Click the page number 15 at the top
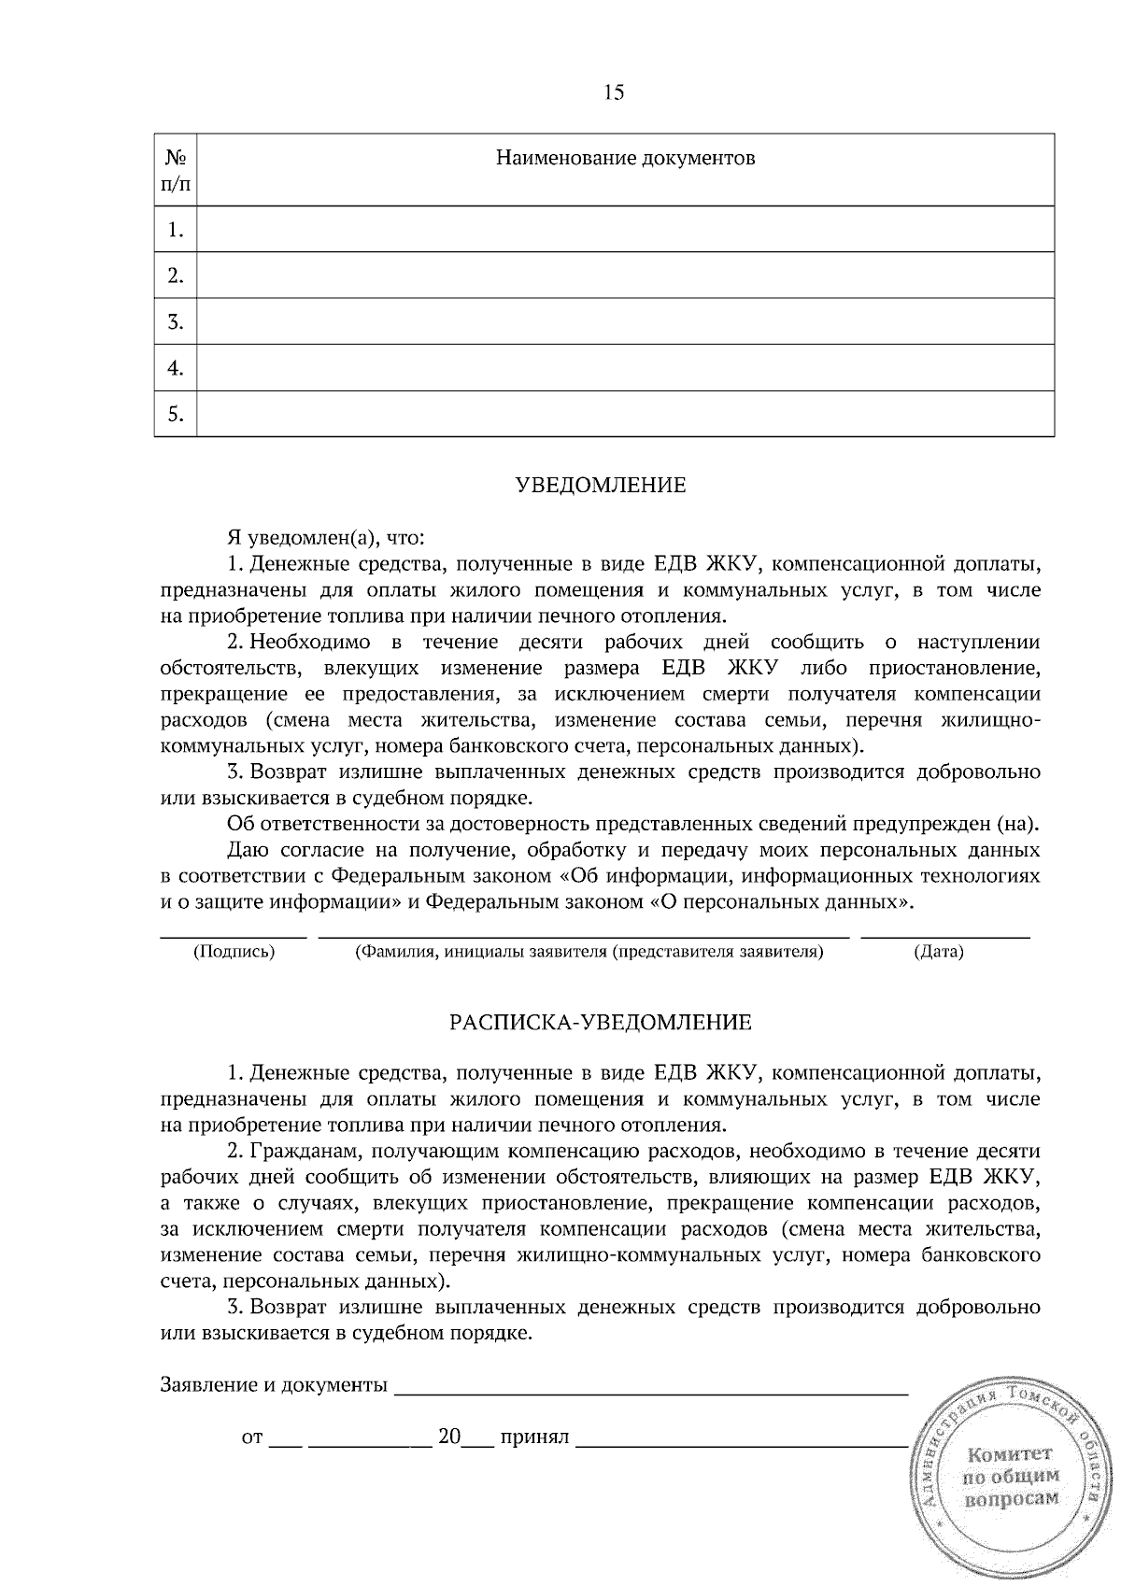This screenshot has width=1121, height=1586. pos(614,92)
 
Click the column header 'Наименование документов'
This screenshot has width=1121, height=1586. pos(625,158)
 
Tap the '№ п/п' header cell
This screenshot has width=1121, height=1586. pos(176,170)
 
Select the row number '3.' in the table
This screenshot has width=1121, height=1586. pos(176,323)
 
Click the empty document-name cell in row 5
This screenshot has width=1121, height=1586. pos(625,414)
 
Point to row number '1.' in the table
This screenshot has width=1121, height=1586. pos(176,231)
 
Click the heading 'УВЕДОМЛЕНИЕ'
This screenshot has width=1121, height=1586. pos(601,486)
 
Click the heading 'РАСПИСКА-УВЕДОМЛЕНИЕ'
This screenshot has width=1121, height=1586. pos(601,1022)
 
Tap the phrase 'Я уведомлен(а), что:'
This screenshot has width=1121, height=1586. pos(327,538)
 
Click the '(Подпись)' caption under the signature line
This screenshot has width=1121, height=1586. pos(234,953)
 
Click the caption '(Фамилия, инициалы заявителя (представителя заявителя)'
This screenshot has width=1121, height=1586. pos(589,953)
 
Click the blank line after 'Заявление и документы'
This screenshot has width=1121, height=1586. pos(651,1395)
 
